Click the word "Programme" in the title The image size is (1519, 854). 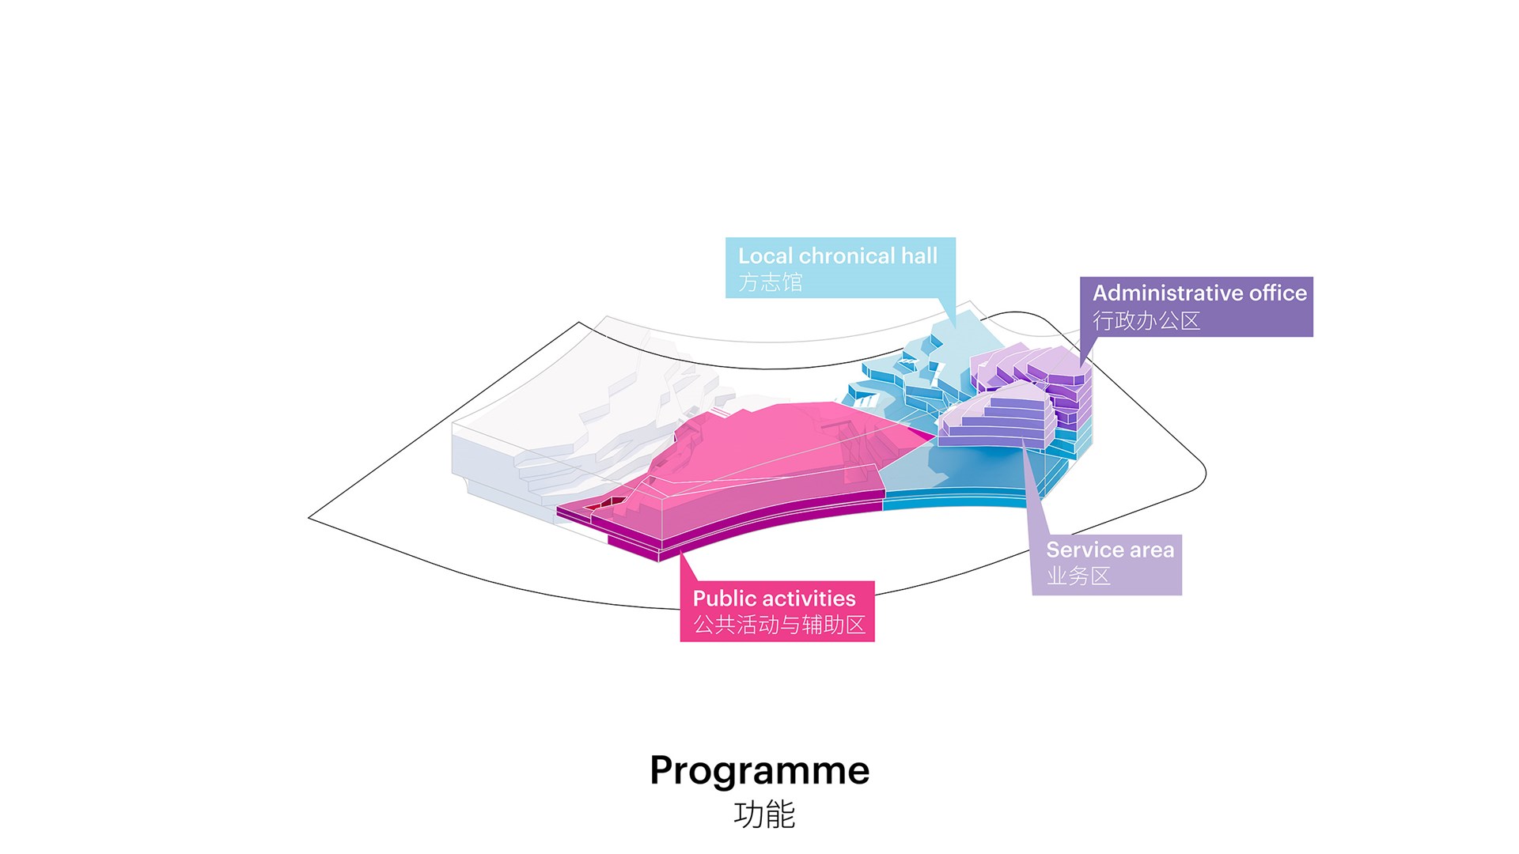tap(759, 770)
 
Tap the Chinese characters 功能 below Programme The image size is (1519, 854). tap(763, 814)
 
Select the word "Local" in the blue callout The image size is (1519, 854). tap(765, 255)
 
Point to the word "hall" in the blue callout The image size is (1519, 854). tap(919, 255)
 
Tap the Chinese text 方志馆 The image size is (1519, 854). tap(770, 282)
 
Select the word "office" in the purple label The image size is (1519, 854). tap(1278, 293)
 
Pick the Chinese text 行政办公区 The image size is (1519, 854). tap(1146, 320)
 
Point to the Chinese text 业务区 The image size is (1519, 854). tap(1078, 576)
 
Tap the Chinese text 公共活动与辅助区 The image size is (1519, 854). tap(779, 625)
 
